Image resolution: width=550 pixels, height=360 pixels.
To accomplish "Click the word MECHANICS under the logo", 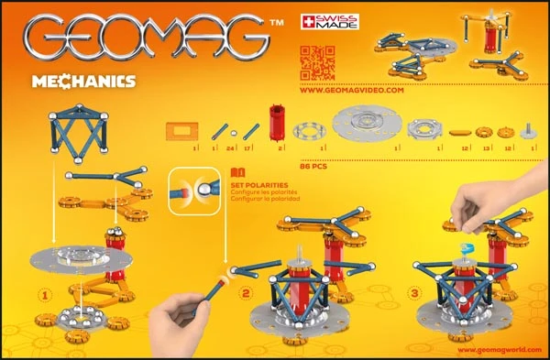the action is pyautogui.click(x=89, y=81).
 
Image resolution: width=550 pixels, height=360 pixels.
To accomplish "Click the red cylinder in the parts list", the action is pyautogui.click(x=276, y=125).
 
